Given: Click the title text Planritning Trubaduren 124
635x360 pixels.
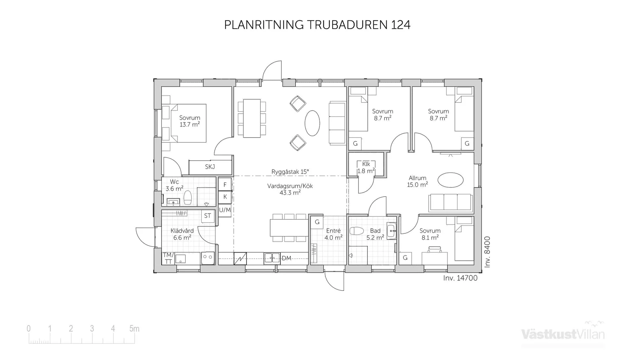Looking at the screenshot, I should [317, 25].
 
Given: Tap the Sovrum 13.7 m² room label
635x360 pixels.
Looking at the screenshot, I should [190, 121].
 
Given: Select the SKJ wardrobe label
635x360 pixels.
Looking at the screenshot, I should [210, 167].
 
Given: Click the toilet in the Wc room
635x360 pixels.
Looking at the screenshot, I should [188, 198].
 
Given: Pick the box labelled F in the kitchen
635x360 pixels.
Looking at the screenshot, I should [225, 184].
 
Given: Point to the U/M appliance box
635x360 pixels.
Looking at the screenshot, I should [225, 210].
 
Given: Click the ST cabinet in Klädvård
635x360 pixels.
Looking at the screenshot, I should [208, 216].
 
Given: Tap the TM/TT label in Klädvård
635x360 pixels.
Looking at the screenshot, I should [168, 258].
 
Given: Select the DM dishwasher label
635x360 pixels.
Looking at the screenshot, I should [286, 258].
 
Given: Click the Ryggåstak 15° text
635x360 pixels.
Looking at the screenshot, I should [290, 172].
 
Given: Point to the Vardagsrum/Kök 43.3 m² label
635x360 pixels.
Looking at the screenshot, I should [290, 189].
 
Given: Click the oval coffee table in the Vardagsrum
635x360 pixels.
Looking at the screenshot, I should [312, 123].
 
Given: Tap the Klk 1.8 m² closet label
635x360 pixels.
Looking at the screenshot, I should [366, 168].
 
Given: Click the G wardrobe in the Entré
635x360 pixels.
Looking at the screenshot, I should [317, 222].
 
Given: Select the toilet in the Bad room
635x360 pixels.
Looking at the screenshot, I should [357, 231].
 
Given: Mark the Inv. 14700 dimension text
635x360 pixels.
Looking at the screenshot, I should [460, 278].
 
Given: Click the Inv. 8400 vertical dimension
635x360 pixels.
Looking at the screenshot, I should [487, 252].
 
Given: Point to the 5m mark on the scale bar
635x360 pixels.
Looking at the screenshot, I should [134, 329].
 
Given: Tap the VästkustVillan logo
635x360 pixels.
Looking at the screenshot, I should [563, 334].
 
